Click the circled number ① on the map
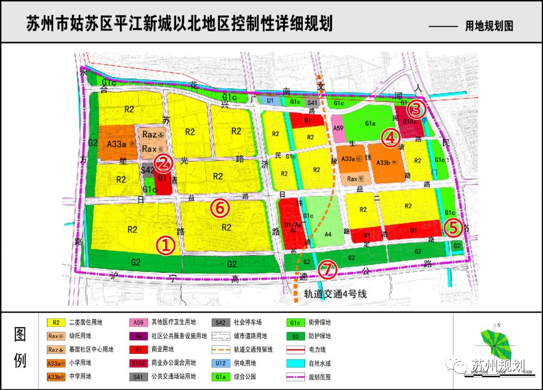click(x=166, y=245)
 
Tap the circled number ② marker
click(x=163, y=164)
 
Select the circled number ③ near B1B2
click(x=415, y=108)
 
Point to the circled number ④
click(x=391, y=137)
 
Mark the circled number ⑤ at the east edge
click(x=453, y=228)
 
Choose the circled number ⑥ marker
click(x=220, y=208)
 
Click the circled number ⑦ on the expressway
click(x=327, y=270)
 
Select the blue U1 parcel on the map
click(x=270, y=101)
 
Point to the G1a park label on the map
click(x=371, y=123)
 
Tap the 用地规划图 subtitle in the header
click(x=489, y=26)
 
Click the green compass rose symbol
click(x=496, y=345)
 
